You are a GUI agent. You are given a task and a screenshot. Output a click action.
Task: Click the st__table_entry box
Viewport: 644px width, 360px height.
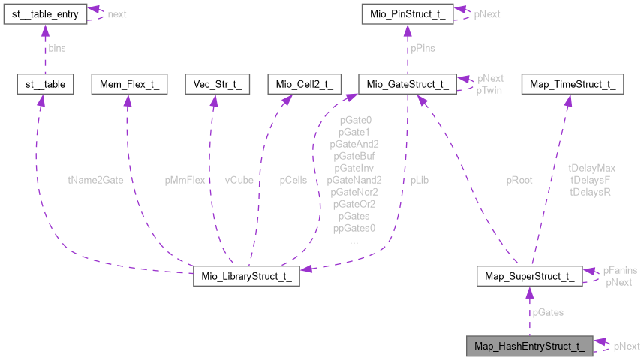pyautogui.click(x=44, y=13)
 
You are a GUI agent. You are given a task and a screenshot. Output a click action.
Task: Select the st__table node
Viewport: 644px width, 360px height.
pyautogui.click(x=44, y=84)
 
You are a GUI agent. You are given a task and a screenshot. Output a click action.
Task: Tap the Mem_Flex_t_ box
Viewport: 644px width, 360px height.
pyautogui.click(x=125, y=84)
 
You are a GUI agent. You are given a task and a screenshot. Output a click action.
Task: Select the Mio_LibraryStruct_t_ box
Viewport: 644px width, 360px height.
pyautogui.click(x=247, y=275)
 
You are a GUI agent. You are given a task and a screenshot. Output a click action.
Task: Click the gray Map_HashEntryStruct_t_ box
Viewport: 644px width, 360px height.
pyautogui.click(x=529, y=346)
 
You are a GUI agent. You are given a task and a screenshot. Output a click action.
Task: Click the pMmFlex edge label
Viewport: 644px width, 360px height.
pyautogui.click(x=185, y=180)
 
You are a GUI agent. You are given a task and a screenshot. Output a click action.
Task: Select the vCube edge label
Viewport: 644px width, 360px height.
pyautogui.click(x=239, y=180)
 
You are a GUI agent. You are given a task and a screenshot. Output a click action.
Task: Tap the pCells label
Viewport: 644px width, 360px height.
pyautogui.click(x=293, y=180)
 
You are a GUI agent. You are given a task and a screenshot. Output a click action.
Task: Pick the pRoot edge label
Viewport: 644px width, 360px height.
pyautogui.click(x=519, y=180)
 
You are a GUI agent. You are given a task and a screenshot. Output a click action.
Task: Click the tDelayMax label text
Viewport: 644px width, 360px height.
pyautogui.click(x=593, y=169)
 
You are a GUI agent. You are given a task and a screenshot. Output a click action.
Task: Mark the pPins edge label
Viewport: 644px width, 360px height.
pyautogui.click(x=422, y=48)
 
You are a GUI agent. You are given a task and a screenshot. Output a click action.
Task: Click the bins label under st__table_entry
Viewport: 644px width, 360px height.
pyautogui.click(x=56, y=48)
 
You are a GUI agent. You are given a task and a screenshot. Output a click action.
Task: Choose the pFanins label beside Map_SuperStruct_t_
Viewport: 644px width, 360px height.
pyautogui.click(x=621, y=270)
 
